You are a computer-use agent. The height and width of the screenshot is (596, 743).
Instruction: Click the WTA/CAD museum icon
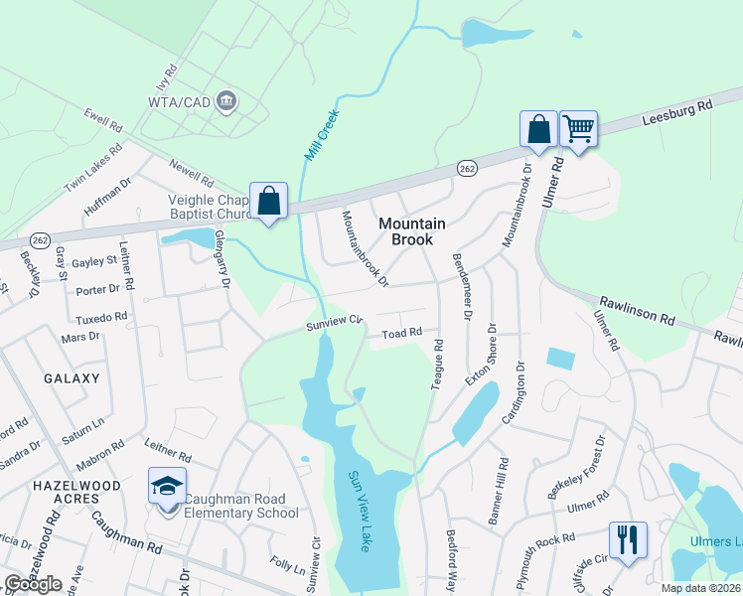click(x=227, y=99)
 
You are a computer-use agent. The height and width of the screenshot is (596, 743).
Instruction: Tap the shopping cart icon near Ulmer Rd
click(x=577, y=128)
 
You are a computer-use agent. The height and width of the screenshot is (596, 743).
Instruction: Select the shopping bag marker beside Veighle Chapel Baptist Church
click(x=268, y=201)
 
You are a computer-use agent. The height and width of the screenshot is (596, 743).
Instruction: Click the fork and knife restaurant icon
click(x=627, y=539)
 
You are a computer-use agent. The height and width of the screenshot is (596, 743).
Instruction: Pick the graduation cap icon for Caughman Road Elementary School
click(x=167, y=486)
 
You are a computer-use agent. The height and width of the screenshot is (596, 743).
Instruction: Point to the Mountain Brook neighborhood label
click(x=411, y=231)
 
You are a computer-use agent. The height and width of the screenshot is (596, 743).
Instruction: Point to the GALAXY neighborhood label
click(x=72, y=378)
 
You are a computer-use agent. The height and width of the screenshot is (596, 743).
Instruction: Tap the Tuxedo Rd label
click(x=101, y=318)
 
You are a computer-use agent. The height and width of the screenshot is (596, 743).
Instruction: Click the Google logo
click(x=33, y=584)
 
